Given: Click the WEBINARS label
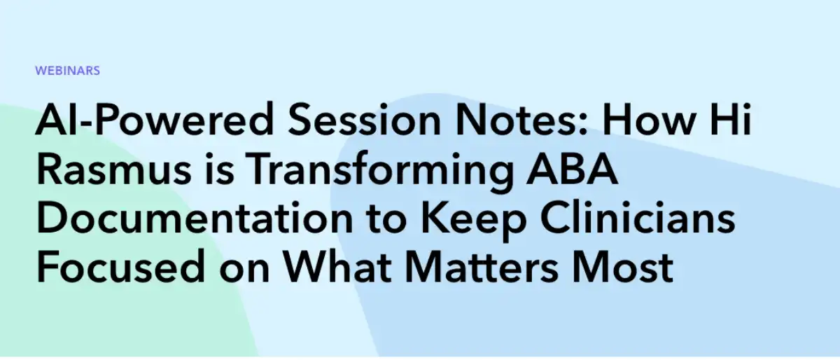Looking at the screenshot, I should (x=67, y=71).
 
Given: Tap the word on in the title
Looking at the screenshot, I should (x=240, y=270).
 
